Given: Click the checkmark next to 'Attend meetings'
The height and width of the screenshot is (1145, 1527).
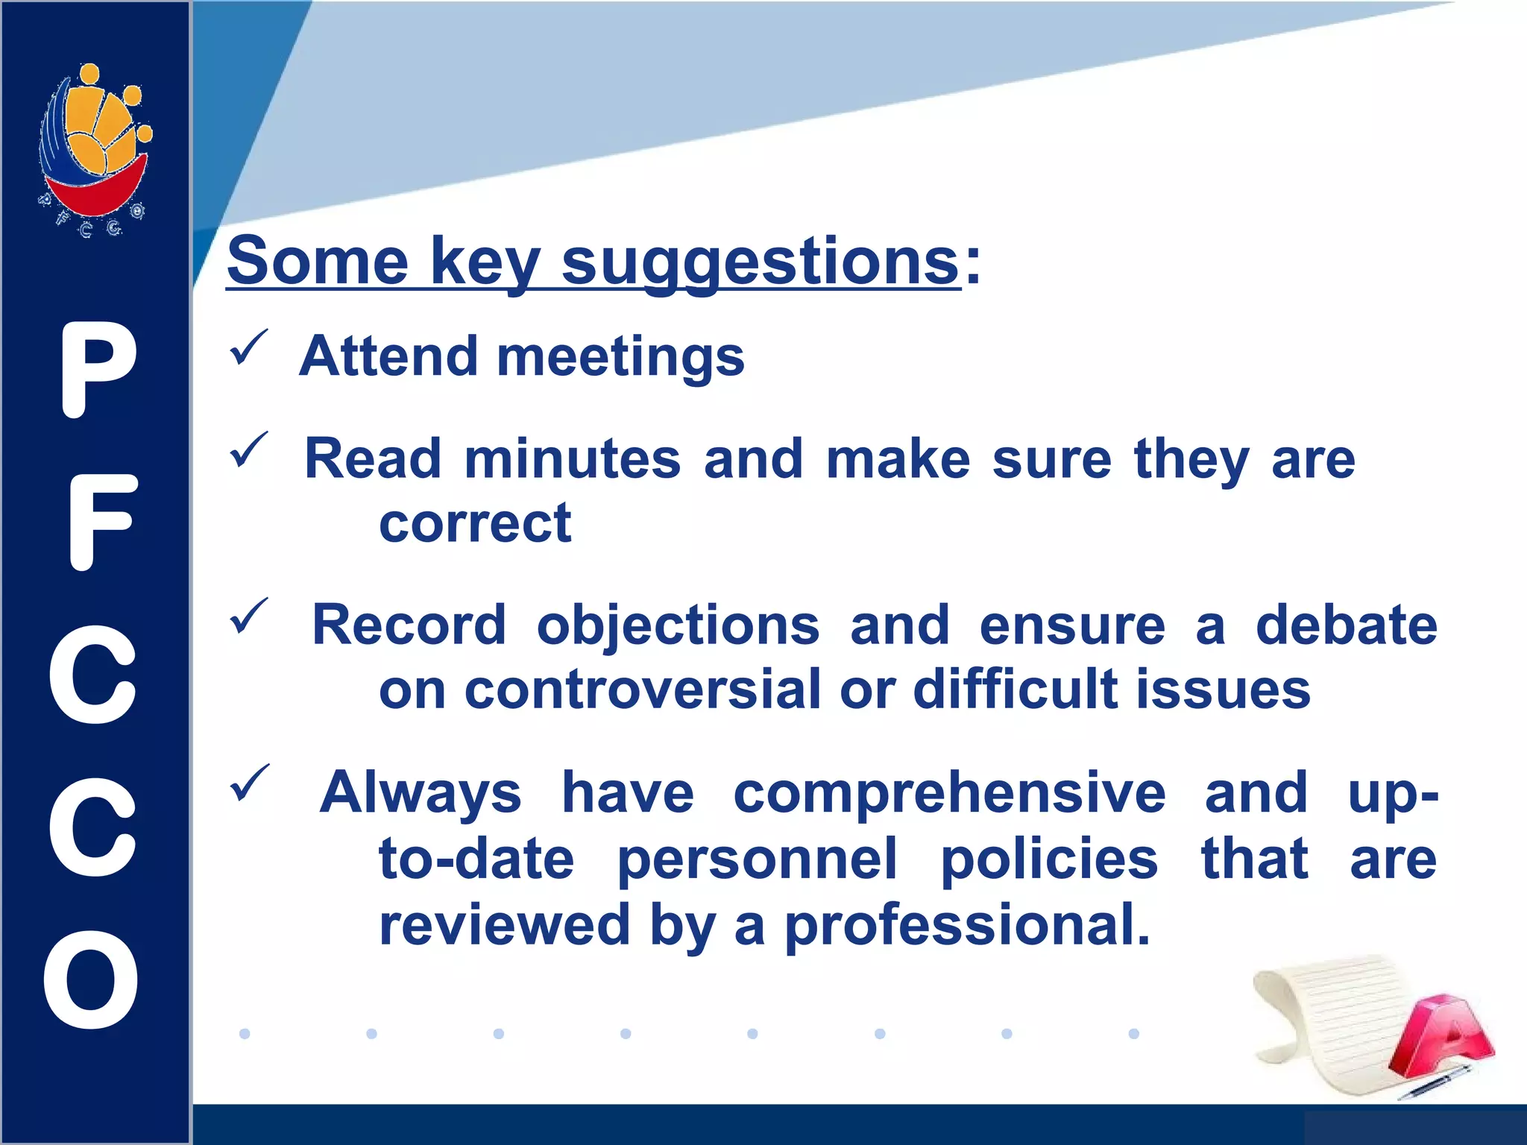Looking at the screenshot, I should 248,347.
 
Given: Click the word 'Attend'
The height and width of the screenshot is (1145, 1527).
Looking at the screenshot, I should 388,356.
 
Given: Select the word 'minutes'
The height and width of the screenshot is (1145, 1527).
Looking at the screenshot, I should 572,459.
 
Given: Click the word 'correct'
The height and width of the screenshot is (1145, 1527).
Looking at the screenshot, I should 475,524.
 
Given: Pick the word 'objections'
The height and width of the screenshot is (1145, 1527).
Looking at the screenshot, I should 678,625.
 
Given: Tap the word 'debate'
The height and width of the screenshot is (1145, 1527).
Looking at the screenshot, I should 1346,625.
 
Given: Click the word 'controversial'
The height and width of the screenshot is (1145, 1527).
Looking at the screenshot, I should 642,690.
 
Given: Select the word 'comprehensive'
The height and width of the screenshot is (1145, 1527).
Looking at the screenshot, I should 949,793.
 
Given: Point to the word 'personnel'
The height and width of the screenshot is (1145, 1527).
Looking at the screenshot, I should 758,859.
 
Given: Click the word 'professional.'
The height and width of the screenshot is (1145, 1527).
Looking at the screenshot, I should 967,925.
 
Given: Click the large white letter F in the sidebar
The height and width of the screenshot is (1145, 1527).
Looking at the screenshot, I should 101,523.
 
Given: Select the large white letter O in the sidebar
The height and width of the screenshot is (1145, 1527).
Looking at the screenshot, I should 91,980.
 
